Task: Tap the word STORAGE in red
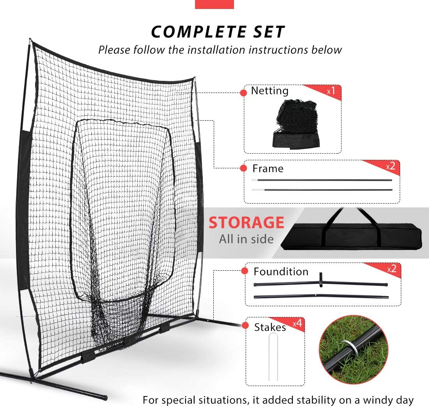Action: (x=246, y=223)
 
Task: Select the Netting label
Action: (x=269, y=91)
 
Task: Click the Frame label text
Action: (x=268, y=169)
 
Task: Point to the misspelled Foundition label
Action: (x=281, y=271)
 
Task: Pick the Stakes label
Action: (x=270, y=327)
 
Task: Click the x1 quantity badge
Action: (x=331, y=91)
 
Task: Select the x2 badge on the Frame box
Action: (x=390, y=166)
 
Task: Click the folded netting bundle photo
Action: (x=296, y=123)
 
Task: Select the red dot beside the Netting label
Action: (x=244, y=93)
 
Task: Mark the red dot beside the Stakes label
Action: (x=246, y=326)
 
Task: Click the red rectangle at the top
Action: (x=214, y=4)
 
